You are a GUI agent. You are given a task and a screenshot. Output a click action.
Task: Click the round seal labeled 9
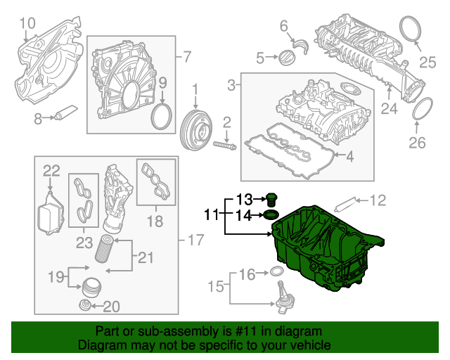point(162,115)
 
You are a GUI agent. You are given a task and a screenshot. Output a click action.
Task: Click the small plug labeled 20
point(85,305)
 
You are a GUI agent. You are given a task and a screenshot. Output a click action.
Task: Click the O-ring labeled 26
point(420,110)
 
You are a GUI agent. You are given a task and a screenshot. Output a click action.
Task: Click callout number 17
point(195,241)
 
